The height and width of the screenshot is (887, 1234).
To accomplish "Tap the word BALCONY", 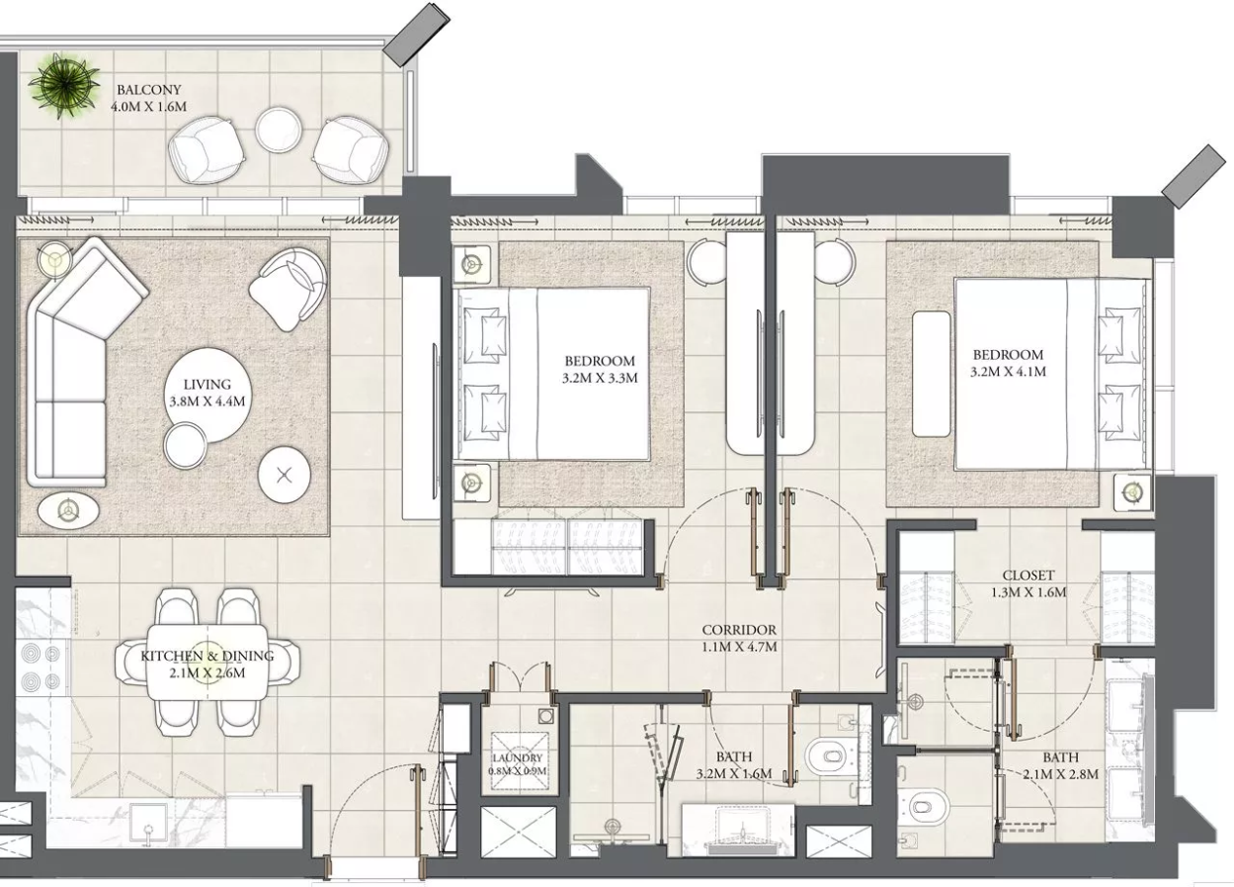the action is pyautogui.click(x=149, y=89).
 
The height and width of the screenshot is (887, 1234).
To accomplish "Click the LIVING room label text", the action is pyautogui.click(x=207, y=385).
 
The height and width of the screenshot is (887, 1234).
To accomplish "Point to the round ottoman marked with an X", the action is pyautogui.click(x=285, y=475).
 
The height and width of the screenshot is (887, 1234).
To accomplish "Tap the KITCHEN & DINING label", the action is pyautogui.click(x=207, y=656).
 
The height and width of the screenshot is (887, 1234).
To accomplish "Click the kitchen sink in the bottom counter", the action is pyautogui.click(x=148, y=824).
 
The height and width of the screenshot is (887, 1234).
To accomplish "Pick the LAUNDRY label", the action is pyautogui.click(x=518, y=758).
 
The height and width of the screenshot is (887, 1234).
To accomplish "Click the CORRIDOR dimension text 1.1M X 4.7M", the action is pyautogui.click(x=739, y=647).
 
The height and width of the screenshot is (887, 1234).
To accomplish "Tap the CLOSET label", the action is pyautogui.click(x=1028, y=575).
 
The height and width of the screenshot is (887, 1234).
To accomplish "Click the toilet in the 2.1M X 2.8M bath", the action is pyautogui.click(x=922, y=808).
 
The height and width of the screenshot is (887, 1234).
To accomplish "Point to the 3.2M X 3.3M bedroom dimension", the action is pyautogui.click(x=600, y=378).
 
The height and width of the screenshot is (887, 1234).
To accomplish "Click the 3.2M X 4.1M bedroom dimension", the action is pyautogui.click(x=1008, y=372).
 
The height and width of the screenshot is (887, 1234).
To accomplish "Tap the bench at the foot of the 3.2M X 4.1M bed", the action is pyautogui.click(x=931, y=375).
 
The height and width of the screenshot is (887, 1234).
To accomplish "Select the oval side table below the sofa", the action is pyautogui.click(x=68, y=509).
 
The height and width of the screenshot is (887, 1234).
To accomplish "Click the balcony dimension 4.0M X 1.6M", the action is pyautogui.click(x=149, y=107).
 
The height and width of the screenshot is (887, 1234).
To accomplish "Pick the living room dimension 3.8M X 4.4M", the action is pyautogui.click(x=207, y=401).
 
